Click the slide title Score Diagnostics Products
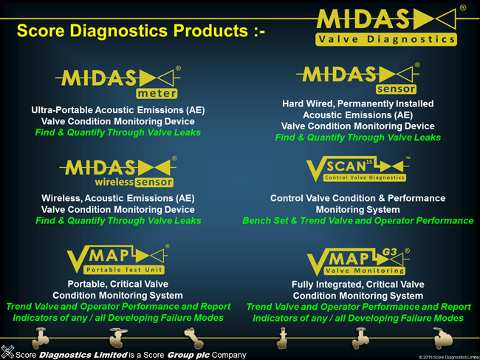(x=140, y=31)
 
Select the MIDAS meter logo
(x=118, y=81)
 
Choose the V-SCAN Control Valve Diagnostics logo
(x=357, y=169)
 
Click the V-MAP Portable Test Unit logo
(x=118, y=258)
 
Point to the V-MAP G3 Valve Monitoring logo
(x=357, y=260)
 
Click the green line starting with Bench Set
(x=357, y=220)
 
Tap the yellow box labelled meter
(x=157, y=93)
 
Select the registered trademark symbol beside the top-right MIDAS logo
(x=462, y=8)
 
